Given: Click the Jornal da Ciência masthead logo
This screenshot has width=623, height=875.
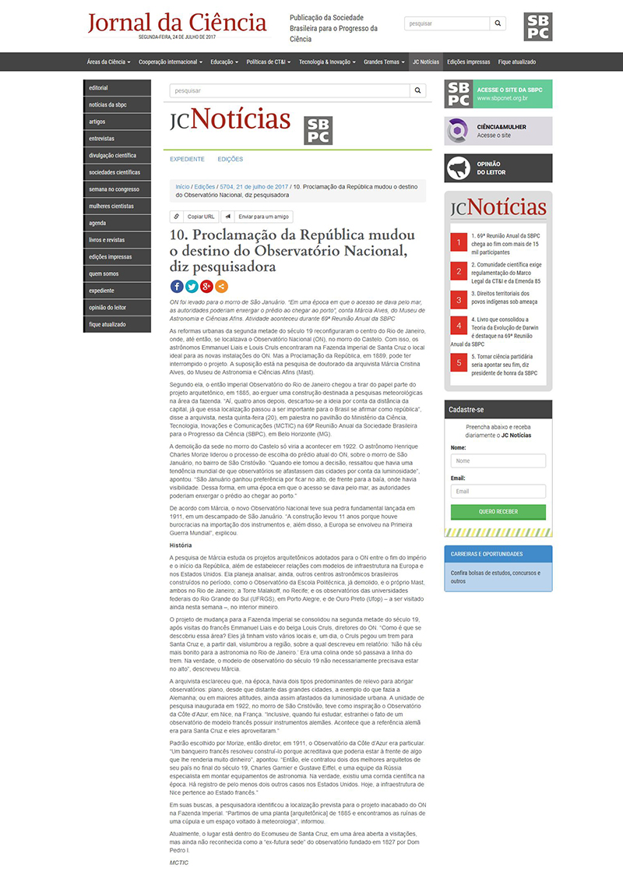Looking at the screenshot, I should (x=178, y=23).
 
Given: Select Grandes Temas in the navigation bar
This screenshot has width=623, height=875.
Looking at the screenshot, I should (x=383, y=62).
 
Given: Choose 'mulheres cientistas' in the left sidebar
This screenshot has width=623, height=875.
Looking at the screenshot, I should (x=111, y=206).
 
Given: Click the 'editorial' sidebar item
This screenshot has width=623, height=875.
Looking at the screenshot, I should (x=99, y=88).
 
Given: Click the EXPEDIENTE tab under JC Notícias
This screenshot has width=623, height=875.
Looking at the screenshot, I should (x=187, y=159).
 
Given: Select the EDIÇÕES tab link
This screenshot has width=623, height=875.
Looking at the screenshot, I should (x=231, y=159).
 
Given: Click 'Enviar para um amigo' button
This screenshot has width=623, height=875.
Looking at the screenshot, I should (x=259, y=217).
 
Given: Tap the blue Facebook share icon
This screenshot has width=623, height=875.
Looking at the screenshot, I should (x=177, y=286).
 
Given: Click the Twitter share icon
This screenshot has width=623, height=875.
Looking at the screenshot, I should (x=192, y=286).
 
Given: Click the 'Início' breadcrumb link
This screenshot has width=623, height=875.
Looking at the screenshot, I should (x=182, y=187).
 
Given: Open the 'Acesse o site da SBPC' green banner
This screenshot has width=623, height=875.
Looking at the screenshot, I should (x=498, y=94).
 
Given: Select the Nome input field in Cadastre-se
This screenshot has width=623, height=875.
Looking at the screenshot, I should (x=498, y=461).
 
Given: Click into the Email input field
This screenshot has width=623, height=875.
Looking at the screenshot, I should (x=498, y=492).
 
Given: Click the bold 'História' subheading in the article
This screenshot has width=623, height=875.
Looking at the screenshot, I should (x=181, y=545).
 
